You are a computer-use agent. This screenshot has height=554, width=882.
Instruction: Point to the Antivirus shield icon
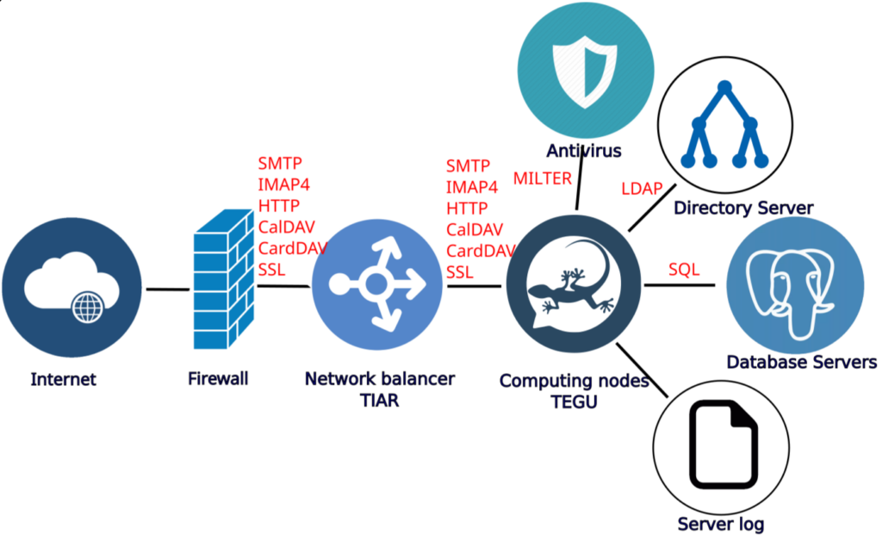click(x=581, y=67)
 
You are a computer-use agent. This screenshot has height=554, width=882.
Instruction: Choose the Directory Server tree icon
click(x=724, y=126)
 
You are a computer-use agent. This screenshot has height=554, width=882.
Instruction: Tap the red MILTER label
click(x=543, y=178)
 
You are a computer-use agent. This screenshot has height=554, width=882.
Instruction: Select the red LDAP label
click(x=642, y=188)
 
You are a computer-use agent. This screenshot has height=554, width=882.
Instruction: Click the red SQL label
click(x=684, y=270)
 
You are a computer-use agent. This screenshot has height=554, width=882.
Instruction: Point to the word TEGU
click(x=574, y=402)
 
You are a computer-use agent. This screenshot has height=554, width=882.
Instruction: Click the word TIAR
click(x=379, y=401)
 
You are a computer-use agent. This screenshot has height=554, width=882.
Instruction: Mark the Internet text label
click(x=63, y=379)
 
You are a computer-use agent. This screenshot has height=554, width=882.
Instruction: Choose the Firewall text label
click(x=218, y=378)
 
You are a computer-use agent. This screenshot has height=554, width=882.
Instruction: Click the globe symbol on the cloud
click(x=85, y=306)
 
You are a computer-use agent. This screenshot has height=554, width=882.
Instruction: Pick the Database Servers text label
click(x=801, y=362)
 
